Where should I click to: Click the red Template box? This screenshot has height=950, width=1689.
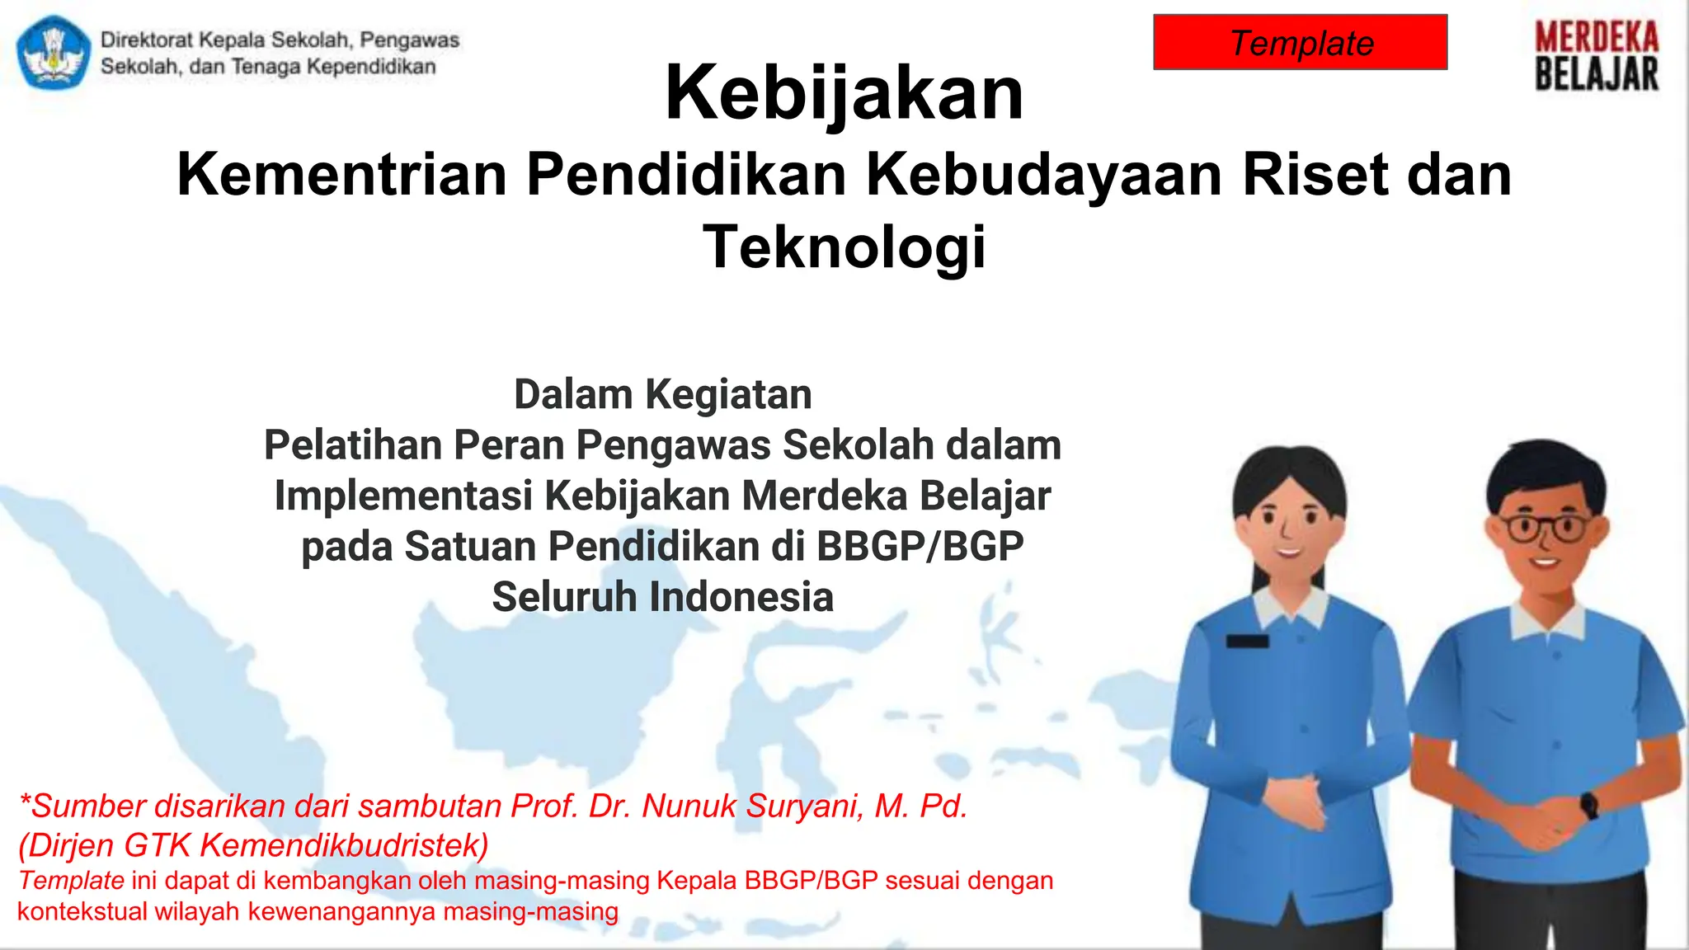pos(1300,42)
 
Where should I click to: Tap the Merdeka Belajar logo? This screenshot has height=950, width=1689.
pos(1596,56)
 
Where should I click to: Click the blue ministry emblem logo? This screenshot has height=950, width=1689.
pos(54,53)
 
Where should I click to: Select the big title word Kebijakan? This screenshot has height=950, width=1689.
pos(844,92)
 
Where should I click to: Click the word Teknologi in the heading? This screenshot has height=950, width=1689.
pos(844,247)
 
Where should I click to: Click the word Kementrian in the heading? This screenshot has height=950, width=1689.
pos(341,175)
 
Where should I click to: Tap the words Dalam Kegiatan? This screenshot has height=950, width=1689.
pos(662,394)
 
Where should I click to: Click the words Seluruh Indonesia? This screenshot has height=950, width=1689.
pos(662,597)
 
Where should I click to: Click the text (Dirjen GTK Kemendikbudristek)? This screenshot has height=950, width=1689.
pos(253,845)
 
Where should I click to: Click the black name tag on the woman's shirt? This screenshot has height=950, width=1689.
pos(1247,641)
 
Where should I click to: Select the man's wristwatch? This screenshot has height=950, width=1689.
pos(1588,804)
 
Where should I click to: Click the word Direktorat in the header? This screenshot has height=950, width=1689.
pos(147,40)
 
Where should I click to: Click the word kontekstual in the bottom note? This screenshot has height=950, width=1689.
pos(69,912)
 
